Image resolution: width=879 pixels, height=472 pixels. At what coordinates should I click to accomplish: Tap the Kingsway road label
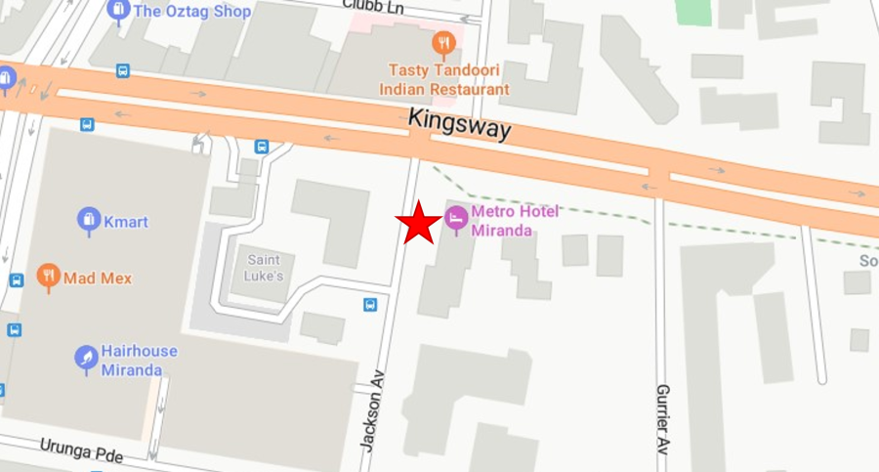coord(459,125)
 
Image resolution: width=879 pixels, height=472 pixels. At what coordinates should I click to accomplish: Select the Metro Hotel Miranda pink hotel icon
coord(455,218)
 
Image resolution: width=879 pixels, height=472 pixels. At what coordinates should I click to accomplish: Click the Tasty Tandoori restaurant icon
coord(443,44)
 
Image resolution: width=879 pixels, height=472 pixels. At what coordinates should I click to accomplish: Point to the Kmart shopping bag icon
coord(89,222)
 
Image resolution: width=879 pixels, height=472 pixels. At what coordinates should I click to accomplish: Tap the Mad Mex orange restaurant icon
coord(48,278)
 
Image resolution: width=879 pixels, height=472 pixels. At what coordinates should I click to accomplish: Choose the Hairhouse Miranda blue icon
coord(87,360)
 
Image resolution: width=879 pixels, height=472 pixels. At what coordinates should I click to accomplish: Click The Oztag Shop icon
coord(118,12)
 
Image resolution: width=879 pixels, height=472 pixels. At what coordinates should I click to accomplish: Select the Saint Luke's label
coord(265,268)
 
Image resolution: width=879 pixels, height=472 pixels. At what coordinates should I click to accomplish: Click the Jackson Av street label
coord(370,408)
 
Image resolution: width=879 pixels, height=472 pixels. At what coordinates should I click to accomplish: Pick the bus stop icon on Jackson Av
coord(370,305)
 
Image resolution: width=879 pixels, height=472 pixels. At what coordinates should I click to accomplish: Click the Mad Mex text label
coord(98,279)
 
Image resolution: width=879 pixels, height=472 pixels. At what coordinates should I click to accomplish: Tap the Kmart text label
coord(127,222)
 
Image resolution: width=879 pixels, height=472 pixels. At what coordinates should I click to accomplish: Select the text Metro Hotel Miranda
coord(503,221)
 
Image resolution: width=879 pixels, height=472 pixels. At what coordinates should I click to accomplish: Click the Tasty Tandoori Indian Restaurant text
coord(448,79)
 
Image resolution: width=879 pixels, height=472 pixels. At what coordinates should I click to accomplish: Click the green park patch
coord(694,12)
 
